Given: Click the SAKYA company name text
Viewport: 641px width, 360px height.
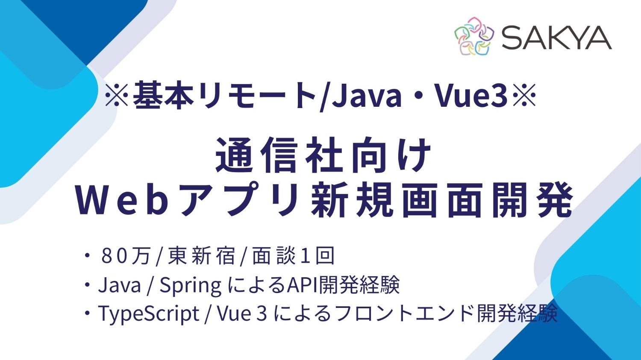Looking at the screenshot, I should pyautogui.click(x=556, y=38).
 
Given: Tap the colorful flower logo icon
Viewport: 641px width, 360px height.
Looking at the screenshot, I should pyautogui.click(x=474, y=36).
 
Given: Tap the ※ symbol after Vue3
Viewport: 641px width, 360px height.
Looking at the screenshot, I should pyautogui.click(x=524, y=95).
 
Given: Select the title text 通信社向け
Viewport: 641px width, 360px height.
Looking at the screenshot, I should pyautogui.click(x=323, y=155).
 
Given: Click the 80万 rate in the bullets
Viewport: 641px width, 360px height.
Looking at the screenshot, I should pyautogui.click(x=126, y=256).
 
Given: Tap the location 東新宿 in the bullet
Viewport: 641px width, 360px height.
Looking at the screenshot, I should pyautogui.click(x=201, y=256).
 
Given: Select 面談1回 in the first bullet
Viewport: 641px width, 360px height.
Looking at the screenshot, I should pyautogui.click(x=293, y=256).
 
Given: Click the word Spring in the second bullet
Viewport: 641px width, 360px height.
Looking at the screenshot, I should pyautogui.click(x=191, y=285).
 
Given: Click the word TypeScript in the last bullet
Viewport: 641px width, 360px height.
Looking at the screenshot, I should pyautogui.click(x=149, y=314).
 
